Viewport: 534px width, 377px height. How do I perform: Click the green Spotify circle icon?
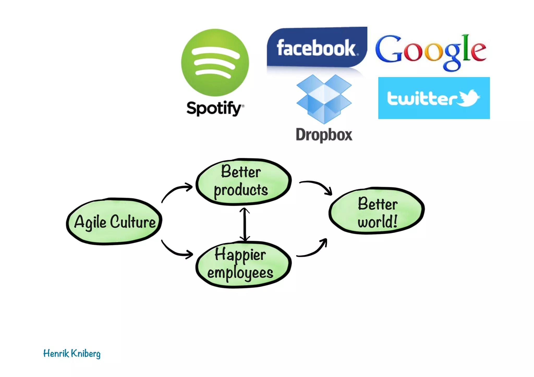tap(215, 63)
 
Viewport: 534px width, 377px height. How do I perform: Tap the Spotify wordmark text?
tap(214, 108)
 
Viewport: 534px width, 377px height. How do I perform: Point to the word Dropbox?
tap(324, 135)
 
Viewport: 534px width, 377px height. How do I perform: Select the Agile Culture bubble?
tap(114, 222)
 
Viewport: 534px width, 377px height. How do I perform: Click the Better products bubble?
tap(243, 182)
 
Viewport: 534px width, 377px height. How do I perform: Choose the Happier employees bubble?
tap(243, 264)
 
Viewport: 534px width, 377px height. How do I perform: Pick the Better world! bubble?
tap(377, 211)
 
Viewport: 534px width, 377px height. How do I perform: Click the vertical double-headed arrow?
tap(244, 224)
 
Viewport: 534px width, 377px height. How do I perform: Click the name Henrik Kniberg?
tap(72, 354)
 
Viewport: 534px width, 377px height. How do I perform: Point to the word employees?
tap(240, 273)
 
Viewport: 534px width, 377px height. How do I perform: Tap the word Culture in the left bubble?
tap(133, 222)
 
